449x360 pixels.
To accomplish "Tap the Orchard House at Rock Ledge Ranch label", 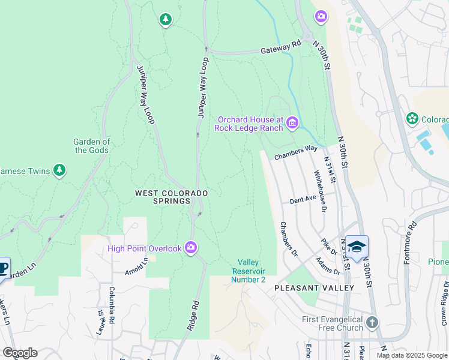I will (249, 123).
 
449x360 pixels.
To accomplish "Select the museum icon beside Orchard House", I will (292, 123).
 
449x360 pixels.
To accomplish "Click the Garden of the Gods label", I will (92, 146).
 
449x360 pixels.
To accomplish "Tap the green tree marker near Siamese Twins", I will (59, 171).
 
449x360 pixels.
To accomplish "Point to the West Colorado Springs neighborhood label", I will (171, 197).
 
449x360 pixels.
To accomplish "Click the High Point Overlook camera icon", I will (191, 247).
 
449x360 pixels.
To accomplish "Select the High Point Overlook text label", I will (144, 248).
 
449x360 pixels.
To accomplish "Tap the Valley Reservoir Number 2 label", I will (252, 271).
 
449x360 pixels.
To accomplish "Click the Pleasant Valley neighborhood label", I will (314, 288).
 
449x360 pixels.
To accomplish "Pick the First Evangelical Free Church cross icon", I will (372, 323).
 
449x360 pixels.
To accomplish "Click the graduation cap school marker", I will (357, 247).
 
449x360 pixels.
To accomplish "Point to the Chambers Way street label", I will (296, 152).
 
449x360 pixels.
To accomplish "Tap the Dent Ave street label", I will (303, 199).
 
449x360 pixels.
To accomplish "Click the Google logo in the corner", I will (20, 353).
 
